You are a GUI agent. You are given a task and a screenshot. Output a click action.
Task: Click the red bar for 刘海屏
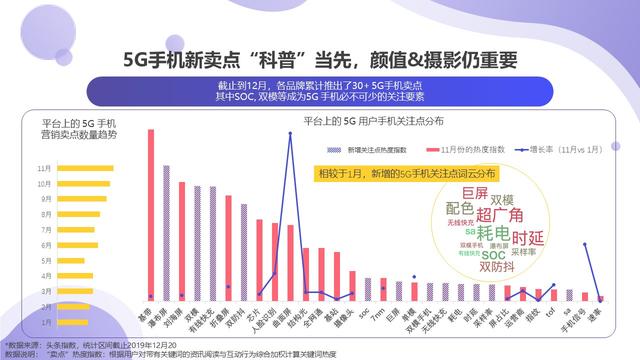click(x=181, y=240)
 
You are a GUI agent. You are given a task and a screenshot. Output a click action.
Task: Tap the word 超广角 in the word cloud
click(x=499, y=214)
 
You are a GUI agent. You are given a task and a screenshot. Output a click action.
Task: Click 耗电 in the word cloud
click(x=491, y=233)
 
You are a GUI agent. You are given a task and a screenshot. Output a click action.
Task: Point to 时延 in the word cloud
click(x=527, y=238)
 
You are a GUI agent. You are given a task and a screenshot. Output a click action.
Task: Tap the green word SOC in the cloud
click(x=493, y=255)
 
